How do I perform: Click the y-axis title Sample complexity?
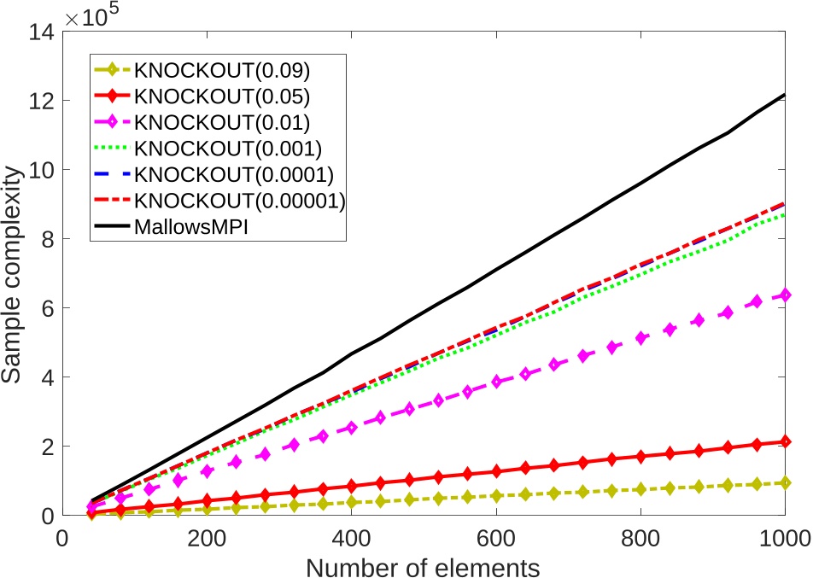pyautogui.click(x=15, y=274)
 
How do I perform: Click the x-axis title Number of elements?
pyautogui.click(x=424, y=564)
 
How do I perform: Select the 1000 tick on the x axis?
pyautogui.click(x=783, y=537)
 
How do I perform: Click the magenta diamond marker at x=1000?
pyautogui.click(x=784, y=295)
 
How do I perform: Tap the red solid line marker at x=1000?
pyautogui.click(x=784, y=441)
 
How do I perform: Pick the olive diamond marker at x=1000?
pyautogui.click(x=784, y=482)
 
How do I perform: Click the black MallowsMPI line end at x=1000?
pyautogui.click(x=784, y=95)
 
